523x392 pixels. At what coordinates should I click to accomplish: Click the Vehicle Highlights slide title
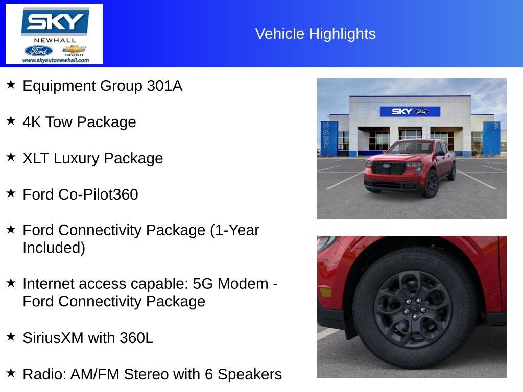[315, 34]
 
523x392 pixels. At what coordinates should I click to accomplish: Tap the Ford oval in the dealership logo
[38, 51]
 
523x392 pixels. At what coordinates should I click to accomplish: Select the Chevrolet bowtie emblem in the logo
[74, 50]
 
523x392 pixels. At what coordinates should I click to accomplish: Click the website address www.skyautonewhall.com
[55, 60]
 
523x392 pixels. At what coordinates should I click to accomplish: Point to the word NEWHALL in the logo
[55, 40]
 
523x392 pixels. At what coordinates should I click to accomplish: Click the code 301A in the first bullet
[164, 86]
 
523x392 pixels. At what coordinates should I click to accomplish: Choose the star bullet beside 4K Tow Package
[11, 120]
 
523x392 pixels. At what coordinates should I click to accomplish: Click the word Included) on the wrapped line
[54, 248]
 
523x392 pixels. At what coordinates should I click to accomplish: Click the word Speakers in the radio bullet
[250, 374]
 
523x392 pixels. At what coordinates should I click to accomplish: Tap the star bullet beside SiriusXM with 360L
[11, 336]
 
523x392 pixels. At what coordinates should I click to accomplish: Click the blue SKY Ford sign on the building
[410, 111]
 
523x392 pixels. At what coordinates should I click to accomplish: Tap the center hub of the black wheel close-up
[412, 309]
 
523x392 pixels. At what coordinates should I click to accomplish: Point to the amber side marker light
[324, 292]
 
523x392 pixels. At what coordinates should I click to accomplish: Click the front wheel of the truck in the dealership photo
[431, 184]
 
